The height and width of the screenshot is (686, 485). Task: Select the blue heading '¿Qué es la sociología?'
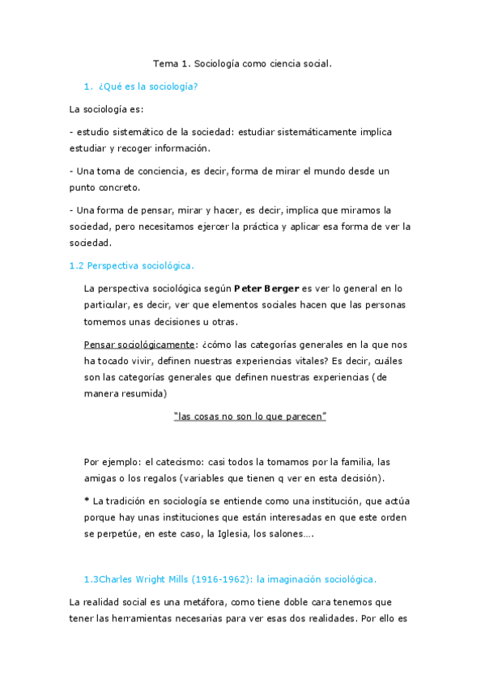click(148, 87)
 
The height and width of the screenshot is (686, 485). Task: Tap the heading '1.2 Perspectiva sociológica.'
click(132, 265)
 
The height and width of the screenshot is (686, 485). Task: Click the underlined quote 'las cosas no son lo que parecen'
click(250, 416)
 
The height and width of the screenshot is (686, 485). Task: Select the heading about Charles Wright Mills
click(230, 579)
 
